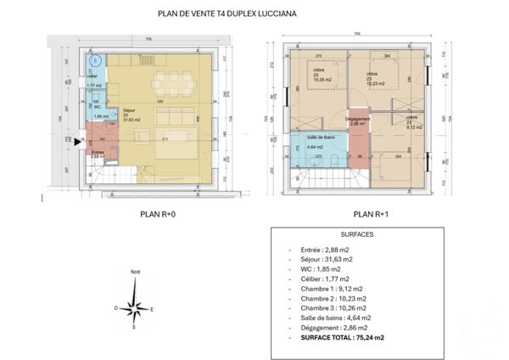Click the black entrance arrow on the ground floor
point(78,142)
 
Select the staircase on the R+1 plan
point(309,179)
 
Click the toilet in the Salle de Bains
point(336,160)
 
